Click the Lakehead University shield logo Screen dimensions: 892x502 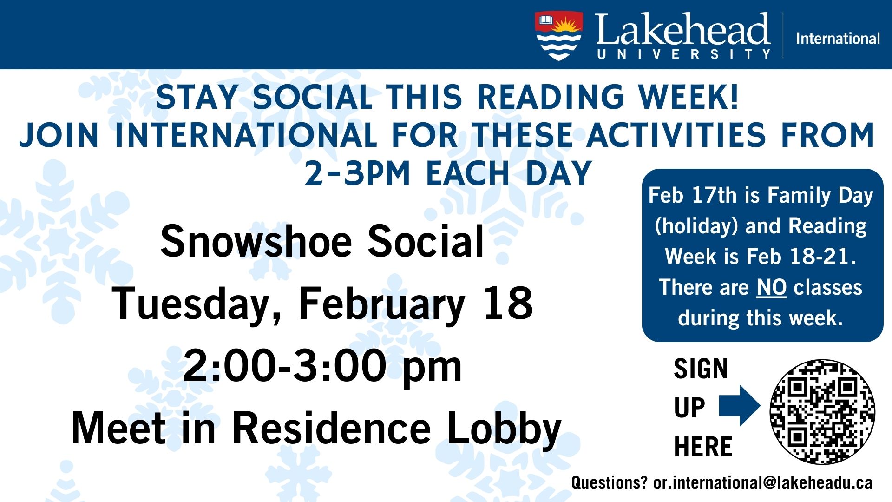[x=559, y=36]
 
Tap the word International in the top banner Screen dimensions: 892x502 [x=838, y=38]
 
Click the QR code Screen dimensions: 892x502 [x=822, y=411]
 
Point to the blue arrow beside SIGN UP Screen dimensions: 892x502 [x=739, y=406]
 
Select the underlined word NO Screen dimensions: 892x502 [x=771, y=287]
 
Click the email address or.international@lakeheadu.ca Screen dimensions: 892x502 [x=762, y=482]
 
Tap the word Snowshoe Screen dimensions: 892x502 [x=256, y=241]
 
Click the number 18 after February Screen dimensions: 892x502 [x=508, y=303]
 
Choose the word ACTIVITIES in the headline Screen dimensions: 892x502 [x=676, y=135]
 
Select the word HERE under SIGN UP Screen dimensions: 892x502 [x=703, y=447]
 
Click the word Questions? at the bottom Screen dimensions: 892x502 [x=609, y=482]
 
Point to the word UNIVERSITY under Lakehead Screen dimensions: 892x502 [x=683, y=54]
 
